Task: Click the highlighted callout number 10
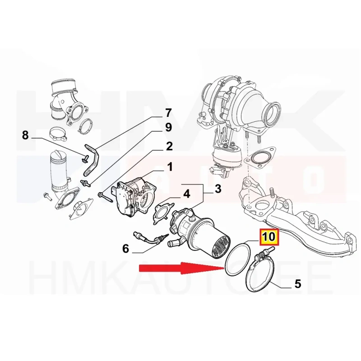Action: (x=268, y=237)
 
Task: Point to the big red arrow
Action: (x=181, y=268)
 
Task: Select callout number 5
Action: (x=298, y=284)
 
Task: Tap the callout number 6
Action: (x=125, y=249)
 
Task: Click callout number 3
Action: (x=218, y=189)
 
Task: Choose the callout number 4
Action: (x=187, y=194)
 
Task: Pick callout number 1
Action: (x=170, y=167)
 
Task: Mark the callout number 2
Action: (x=169, y=146)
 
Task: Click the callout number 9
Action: (x=168, y=127)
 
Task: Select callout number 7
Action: (x=168, y=113)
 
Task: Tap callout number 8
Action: (x=25, y=135)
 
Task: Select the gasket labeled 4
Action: (x=163, y=213)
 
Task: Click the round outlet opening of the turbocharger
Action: (x=273, y=111)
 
